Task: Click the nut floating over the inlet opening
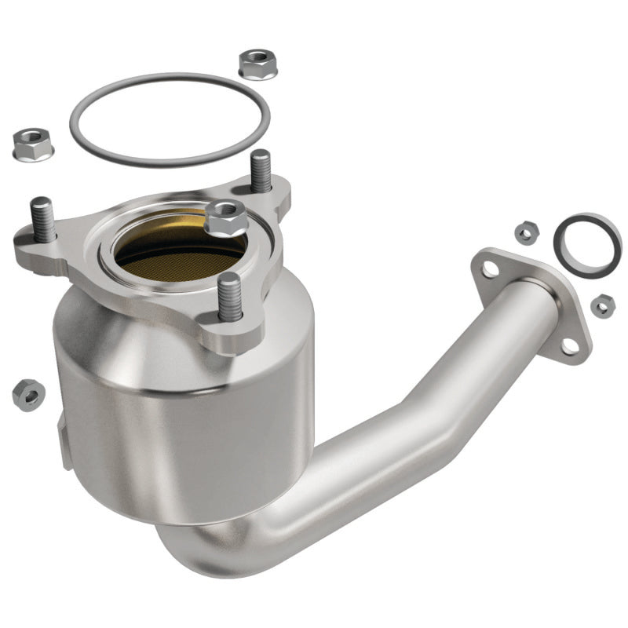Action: click(x=227, y=217)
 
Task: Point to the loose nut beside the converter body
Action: click(x=28, y=393)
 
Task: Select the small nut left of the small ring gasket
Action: click(x=524, y=232)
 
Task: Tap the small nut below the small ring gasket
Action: click(x=602, y=305)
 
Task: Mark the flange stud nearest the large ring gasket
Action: click(x=261, y=171)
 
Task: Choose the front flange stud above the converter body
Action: click(x=229, y=297)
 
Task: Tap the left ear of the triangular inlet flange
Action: click(x=31, y=243)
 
